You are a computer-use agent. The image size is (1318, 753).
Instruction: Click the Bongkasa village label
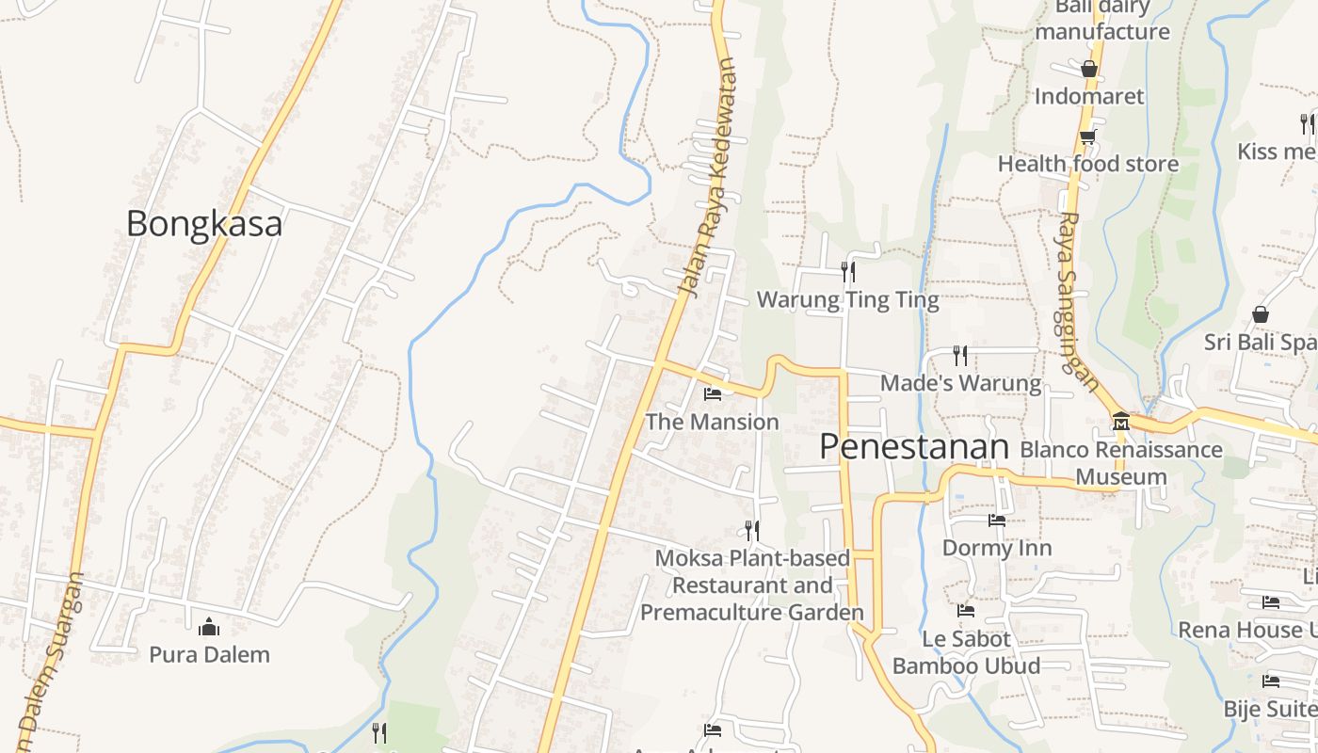pyautogui.click(x=204, y=224)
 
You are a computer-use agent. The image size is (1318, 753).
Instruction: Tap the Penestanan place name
pyautogui.click(x=913, y=446)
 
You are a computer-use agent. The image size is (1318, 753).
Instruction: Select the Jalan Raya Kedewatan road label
pyautogui.click(x=709, y=177)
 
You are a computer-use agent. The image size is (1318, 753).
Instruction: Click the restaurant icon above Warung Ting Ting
pyautogui.click(x=848, y=272)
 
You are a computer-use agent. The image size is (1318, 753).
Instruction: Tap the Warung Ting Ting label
pyautogui.click(x=848, y=300)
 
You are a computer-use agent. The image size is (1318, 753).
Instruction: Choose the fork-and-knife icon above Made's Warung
pyautogui.click(x=960, y=355)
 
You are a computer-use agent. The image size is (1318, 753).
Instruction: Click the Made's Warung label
pyautogui.click(x=960, y=383)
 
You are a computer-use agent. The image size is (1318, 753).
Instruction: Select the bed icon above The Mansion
pyautogui.click(x=713, y=393)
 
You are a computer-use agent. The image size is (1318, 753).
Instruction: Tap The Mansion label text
pyautogui.click(x=713, y=422)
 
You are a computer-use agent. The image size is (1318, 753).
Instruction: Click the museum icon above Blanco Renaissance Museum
pyautogui.click(x=1120, y=421)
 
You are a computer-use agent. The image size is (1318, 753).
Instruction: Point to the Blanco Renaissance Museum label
pyautogui.click(x=1120, y=463)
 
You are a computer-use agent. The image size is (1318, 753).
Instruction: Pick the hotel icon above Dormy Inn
pyautogui.click(x=997, y=520)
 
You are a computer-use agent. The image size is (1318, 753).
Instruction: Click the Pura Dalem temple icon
pyautogui.click(x=209, y=626)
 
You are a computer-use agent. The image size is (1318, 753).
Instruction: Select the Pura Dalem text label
pyautogui.click(x=209, y=654)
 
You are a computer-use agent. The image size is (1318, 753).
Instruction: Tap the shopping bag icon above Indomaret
pyautogui.click(x=1089, y=69)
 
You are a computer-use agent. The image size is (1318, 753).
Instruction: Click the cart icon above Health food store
pyautogui.click(x=1087, y=136)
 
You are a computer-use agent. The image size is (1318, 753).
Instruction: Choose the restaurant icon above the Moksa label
pyautogui.click(x=751, y=530)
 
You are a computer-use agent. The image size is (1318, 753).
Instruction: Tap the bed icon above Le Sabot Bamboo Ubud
pyautogui.click(x=966, y=611)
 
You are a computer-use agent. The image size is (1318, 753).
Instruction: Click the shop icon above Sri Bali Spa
pyautogui.click(x=1260, y=314)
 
